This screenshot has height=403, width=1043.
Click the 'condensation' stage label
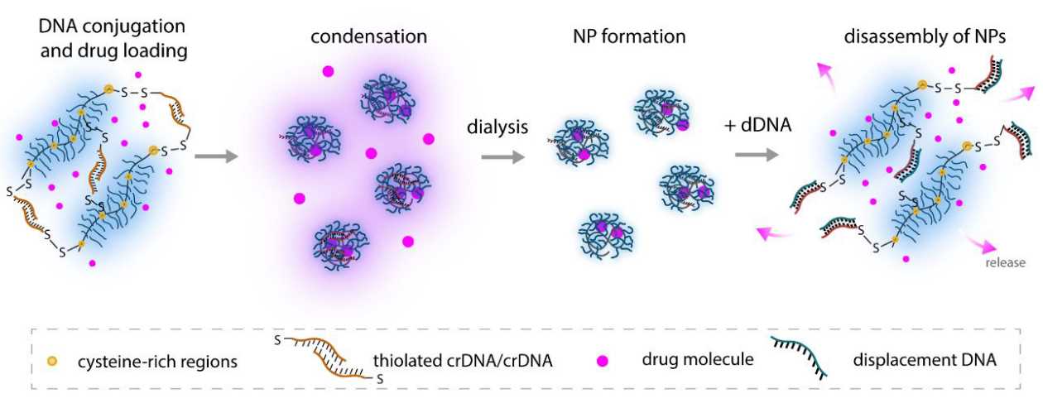369,37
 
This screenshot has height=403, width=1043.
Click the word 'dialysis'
498,126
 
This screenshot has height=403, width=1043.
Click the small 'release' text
1005,263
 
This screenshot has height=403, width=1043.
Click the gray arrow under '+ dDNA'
754,155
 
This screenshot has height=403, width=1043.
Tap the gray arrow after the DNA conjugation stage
216,155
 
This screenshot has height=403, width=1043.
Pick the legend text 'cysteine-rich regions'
158,362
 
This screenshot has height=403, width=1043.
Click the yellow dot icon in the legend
51,362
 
